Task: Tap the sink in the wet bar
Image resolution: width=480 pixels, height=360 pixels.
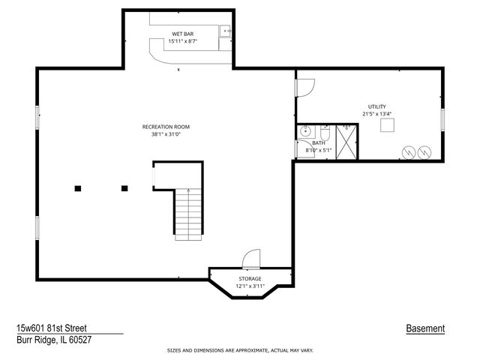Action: (224, 31)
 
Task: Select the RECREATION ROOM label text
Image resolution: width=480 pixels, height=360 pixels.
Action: (166, 127)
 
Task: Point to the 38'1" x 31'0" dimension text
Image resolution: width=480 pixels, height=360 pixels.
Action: (166, 135)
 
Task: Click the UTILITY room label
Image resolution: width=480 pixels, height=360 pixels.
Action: (376, 106)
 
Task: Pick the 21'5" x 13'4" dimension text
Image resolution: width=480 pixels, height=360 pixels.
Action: (376, 115)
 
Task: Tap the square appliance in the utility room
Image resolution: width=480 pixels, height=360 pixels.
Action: (387, 126)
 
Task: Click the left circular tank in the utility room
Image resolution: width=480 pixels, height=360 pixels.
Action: (409, 151)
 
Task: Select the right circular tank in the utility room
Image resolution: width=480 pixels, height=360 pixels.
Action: (424, 151)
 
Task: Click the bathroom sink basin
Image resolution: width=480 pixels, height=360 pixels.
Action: (304, 132)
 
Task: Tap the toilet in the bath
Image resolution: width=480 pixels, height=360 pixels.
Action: (325, 133)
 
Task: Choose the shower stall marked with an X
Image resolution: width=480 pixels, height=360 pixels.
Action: (346, 142)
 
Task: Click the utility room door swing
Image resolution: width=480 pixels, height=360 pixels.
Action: (305, 88)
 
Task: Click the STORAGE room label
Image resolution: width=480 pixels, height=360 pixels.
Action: (250, 278)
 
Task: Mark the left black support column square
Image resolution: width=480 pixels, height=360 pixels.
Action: (77, 188)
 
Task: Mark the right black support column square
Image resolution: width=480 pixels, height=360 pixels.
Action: (124, 188)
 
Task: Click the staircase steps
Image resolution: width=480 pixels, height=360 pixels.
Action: (189, 214)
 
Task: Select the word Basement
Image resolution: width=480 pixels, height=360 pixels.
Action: (425, 328)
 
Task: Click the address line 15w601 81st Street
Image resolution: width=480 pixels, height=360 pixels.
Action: (51, 328)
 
